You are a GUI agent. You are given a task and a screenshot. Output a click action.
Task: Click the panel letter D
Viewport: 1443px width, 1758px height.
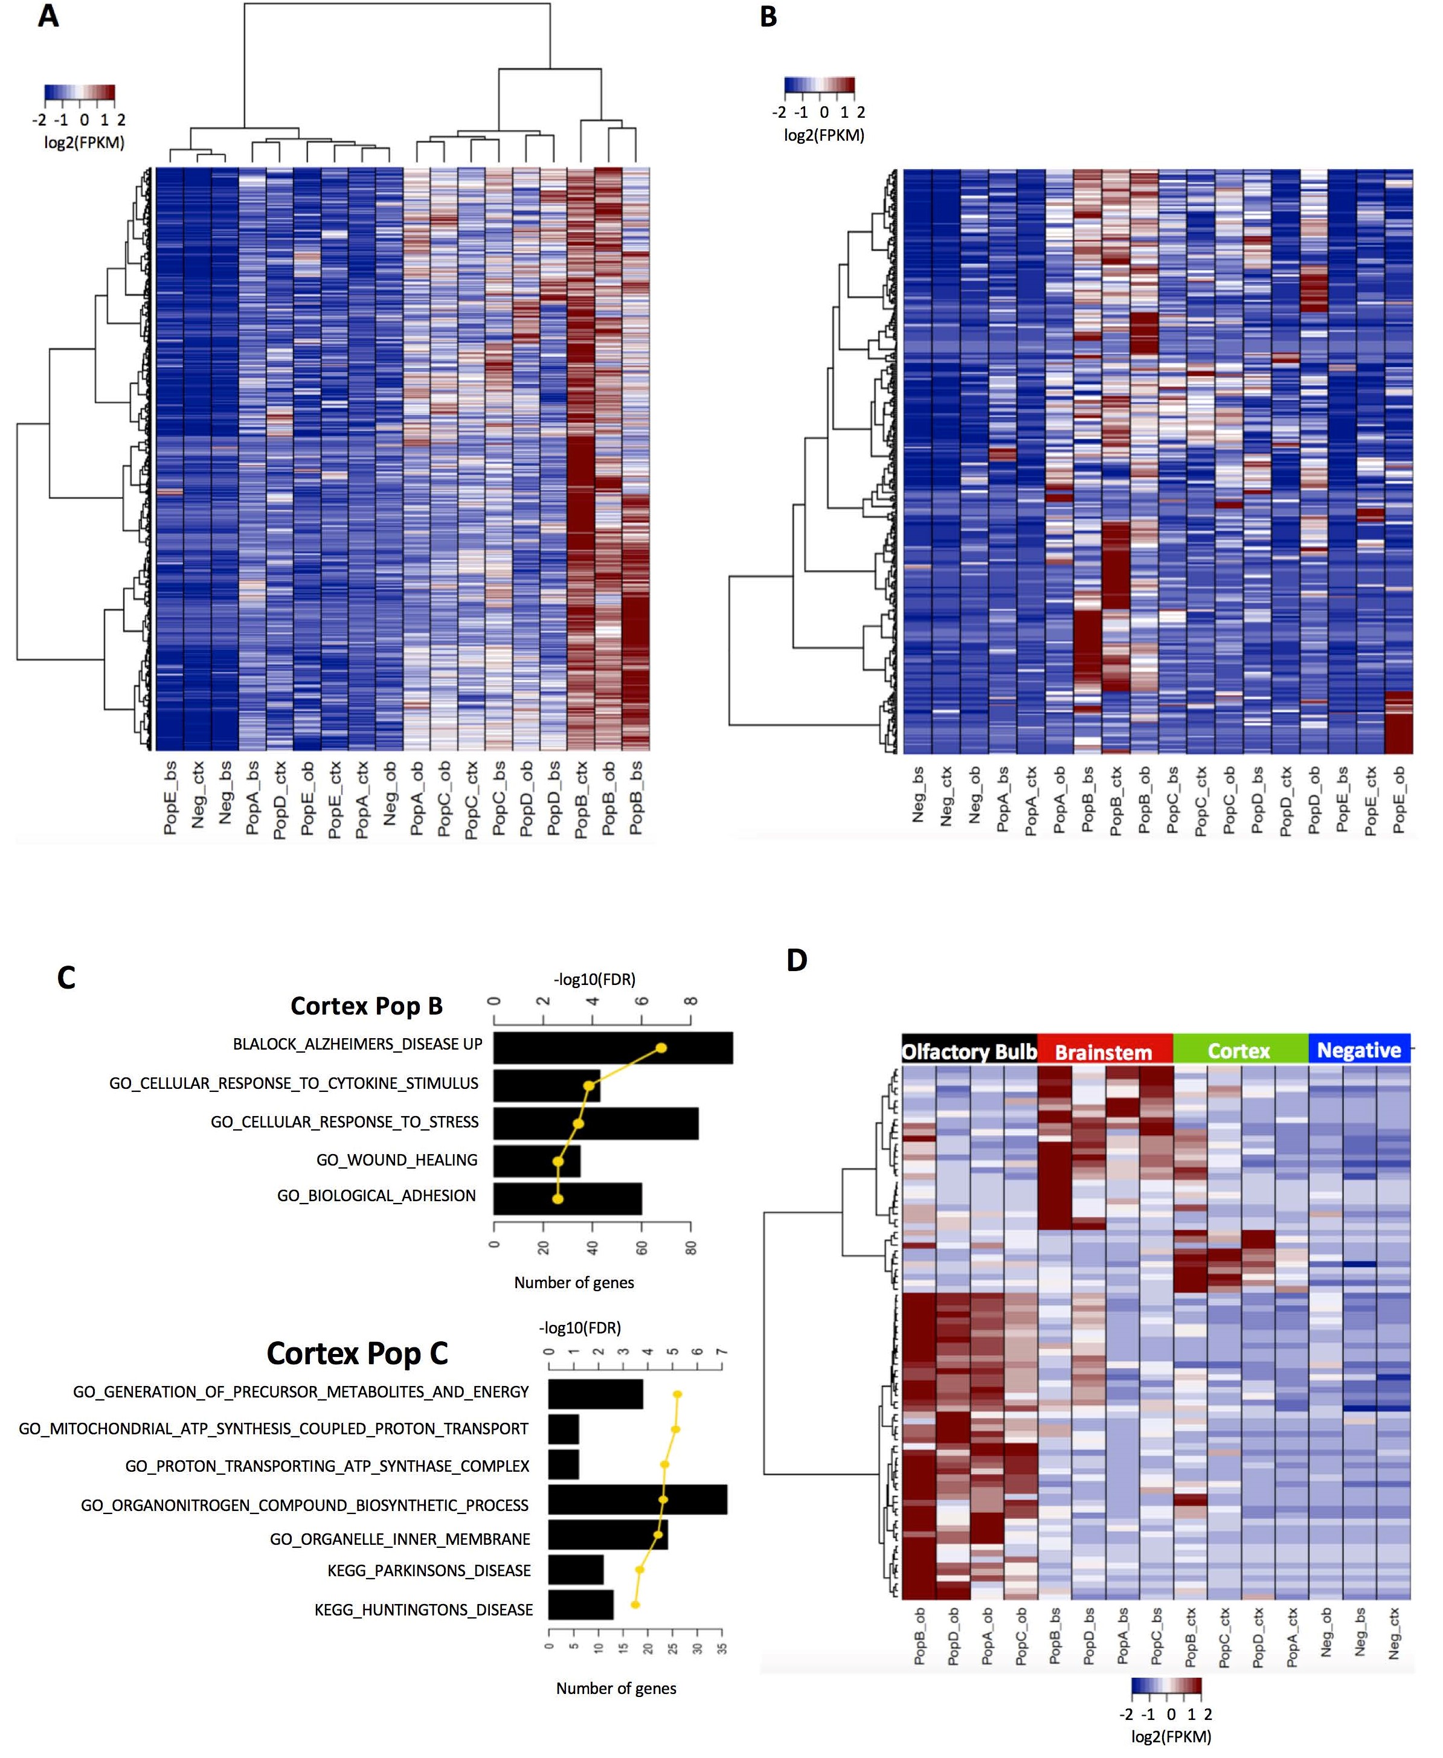click(x=796, y=960)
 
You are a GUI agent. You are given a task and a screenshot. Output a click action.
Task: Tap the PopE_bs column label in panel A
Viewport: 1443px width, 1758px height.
click(x=170, y=797)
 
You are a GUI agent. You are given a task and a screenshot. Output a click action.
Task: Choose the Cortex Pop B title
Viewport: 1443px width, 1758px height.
click(x=366, y=1007)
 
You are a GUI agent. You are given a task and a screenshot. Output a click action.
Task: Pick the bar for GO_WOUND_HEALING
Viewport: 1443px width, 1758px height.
click(x=536, y=1160)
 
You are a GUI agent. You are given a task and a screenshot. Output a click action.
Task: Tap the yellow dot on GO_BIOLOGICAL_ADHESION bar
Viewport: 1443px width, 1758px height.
click(x=558, y=1199)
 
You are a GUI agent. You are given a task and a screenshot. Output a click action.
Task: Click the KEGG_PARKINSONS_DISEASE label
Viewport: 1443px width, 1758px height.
click(x=429, y=1570)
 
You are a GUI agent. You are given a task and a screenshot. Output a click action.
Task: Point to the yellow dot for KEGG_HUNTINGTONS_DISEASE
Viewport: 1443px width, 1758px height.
click(x=635, y=1604)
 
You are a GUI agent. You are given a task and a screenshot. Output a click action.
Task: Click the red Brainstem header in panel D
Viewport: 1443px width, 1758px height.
click(x=1104, y=1052)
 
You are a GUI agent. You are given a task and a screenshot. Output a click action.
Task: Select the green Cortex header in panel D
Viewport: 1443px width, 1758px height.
click(x=1239, y=1051)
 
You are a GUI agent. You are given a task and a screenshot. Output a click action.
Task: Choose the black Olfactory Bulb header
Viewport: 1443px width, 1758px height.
click(x=969, y=1051)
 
